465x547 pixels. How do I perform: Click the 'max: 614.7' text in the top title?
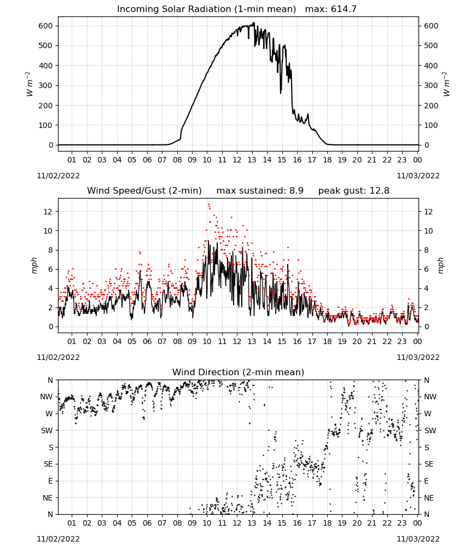tap(331, 9)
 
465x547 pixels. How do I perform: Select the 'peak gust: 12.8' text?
tap(354, 191)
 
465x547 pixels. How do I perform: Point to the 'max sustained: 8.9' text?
tap(260, 191)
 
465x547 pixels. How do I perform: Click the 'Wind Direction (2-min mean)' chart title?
tap(239, 372)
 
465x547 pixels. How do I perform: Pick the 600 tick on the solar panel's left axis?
tap(45, 26)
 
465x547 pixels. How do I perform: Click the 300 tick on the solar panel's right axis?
tap(431, 85)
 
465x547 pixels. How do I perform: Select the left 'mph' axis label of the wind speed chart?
tap(34, 265)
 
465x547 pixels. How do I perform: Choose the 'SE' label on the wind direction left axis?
tap(48, 464)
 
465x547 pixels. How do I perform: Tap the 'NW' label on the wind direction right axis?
tap(430, 397)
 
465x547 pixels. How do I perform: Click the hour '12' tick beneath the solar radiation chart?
tap(237, 160)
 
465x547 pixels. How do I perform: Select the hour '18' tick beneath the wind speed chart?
tap(327, 341)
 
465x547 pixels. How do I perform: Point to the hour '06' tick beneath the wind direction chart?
tap(147, 523)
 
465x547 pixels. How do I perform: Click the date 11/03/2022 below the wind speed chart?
tap(418, 357)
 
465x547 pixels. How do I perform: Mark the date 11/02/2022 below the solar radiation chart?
tap(58, 176)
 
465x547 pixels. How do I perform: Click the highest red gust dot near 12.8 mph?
tap(208, 204)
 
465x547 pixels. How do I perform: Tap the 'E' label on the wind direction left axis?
tap(50, 481)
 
